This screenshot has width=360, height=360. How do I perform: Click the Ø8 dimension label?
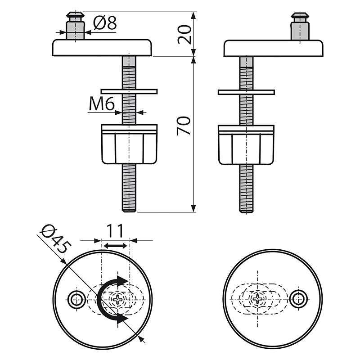pyautogui.click(x=105, y=23)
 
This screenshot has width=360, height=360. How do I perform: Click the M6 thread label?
pyautogui.click(x=102, y=104)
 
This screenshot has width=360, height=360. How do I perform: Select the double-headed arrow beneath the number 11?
pyautogui.click(x=115, y=245)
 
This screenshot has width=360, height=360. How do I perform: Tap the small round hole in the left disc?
pyautogui.click(x=76, y=299)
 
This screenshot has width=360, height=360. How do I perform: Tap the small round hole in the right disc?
pyautogui.click(x=298, y=299)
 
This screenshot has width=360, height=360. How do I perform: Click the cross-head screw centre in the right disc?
pyautogui.click(x=258, y=299)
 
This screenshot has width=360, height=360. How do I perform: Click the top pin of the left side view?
pyautogui.click(x=75, y=26)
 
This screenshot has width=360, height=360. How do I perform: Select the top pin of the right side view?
pyautogui.click(x=300, y=26)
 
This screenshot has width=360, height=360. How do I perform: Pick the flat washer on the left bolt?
pyautogui.click(x=129, y=91)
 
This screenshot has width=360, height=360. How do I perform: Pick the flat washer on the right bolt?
pyautogui.click(x=246, y=92)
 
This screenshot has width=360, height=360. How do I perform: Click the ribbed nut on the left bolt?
pyautogui.click(x=130, y=144)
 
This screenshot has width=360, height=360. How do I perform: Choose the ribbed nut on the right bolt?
pyautogui.click(x=246, y=144)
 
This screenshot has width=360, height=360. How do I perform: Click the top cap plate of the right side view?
pyautogui.click(x=274, y=48)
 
